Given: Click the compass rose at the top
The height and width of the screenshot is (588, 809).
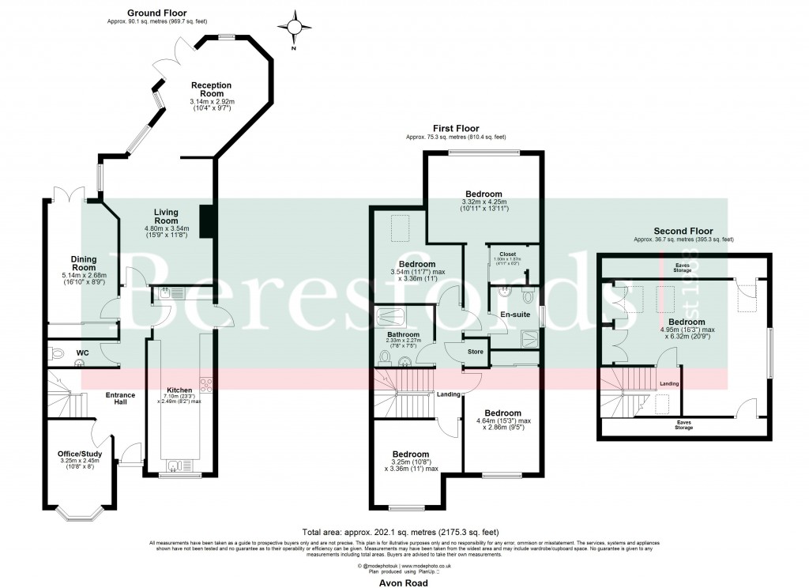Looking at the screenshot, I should click(296, 29).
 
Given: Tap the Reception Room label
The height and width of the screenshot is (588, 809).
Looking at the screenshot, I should click(211, 89).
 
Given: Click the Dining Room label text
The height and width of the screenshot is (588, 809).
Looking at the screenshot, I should click(84, 262).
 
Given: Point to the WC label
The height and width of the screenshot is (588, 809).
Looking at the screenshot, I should click(82, 352).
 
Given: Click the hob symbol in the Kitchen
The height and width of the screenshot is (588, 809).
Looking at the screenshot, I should click(208, 385).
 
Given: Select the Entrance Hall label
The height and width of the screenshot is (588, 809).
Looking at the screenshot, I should click(121, 399).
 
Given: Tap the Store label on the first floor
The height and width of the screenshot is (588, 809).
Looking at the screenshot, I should click(474, 352).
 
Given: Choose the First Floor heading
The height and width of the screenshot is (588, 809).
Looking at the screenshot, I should click(456, 128).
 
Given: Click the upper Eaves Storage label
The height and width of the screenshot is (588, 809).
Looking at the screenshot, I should click(683, 268).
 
